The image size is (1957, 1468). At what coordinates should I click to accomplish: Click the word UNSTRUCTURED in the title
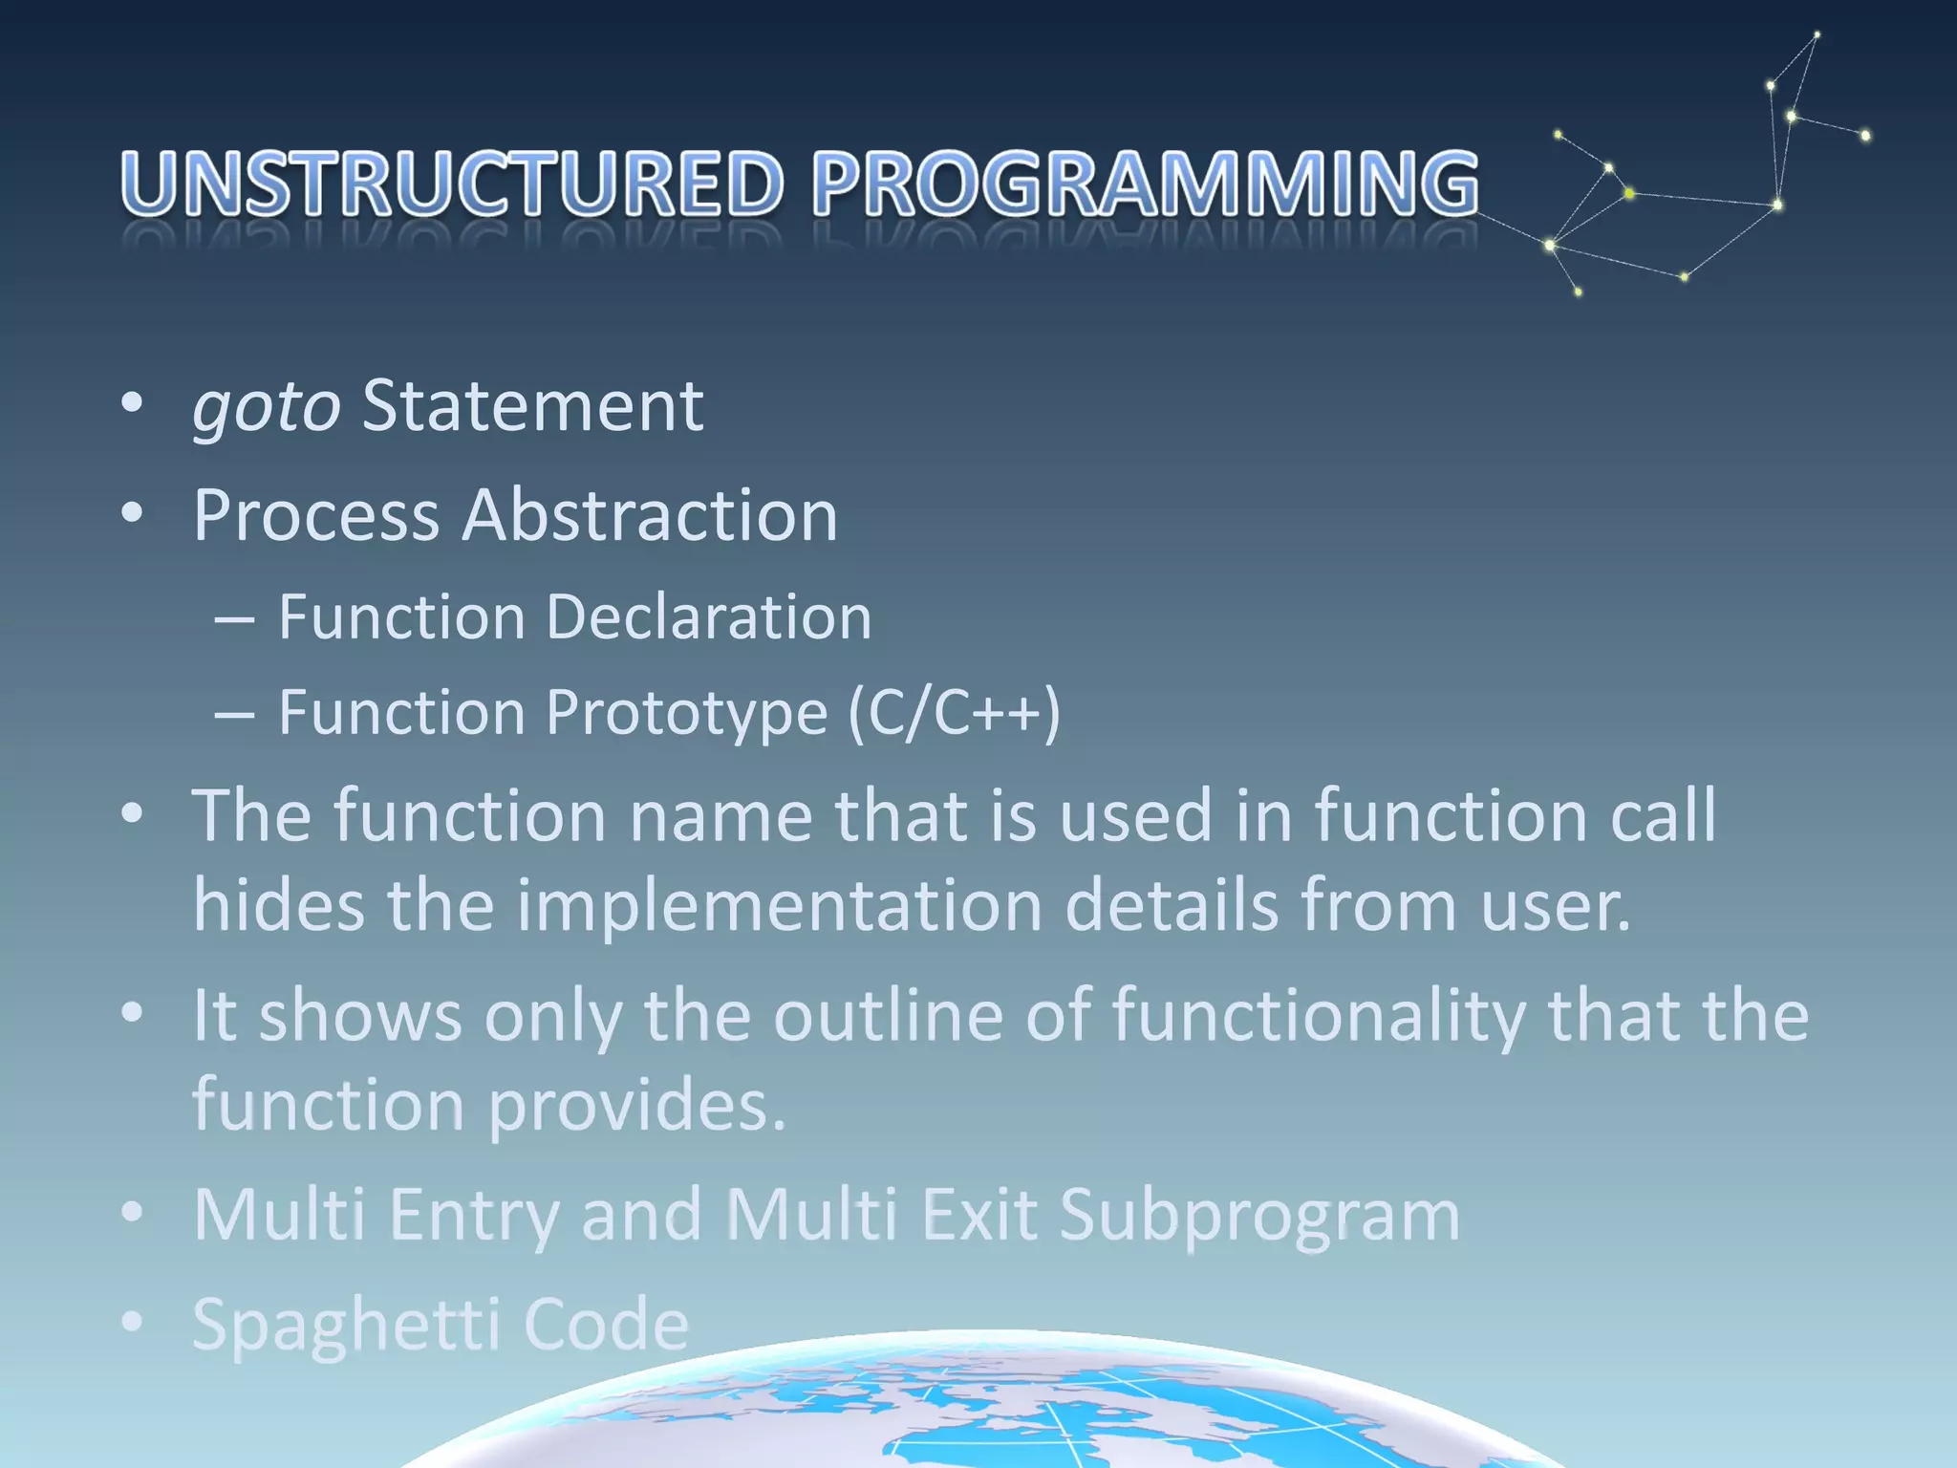[452, 183]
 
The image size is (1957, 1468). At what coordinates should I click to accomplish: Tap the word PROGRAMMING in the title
[1145, 183]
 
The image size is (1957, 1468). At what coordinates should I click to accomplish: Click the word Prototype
[686, 714]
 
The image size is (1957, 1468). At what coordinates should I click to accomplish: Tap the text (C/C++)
[954, 714]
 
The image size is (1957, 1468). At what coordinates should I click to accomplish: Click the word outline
[888, 1015]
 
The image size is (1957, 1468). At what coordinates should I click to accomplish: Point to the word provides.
[637, 1106]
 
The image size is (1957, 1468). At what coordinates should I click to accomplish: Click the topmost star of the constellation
[1817, 35]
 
